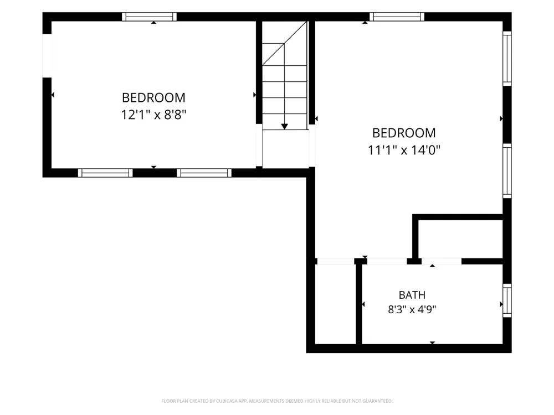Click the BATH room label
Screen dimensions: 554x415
pyautogui.click(x=412, y=295)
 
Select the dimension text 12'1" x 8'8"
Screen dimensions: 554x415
pyautogui.click(x=153, y=115)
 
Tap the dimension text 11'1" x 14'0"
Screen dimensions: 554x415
pyautogui.click(x=404, y=150)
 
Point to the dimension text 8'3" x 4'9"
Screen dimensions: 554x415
pyautogui.click(x=412, y=309)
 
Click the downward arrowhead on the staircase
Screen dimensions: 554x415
pyautogui.click(x=284, y=127)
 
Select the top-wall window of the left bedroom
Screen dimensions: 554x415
pyautogui.click(x=149, y=17)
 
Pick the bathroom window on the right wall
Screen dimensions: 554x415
pyautogui.click(x=507, y=300)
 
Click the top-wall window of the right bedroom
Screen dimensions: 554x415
pyautogui.click(x=397, y=17)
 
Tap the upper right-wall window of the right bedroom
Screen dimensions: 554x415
pyautogui.click(x=507, y=59)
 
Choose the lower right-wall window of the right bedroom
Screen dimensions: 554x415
pyautogui.click(x=507, y=171)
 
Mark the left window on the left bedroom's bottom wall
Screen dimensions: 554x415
pyautogui.click(x=105, y=173)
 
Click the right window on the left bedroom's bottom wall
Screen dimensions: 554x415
pyautogui.click(x=204, y=173)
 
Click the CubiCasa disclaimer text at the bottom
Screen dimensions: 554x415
pyautogui.click(x=276, y=401)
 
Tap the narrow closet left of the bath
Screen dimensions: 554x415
pyautogui.click(x=335, y=304)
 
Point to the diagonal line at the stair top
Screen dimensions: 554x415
pyautogui.click(x=284, y=43)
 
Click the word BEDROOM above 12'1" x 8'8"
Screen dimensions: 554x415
pyautogui.click(x=153, y=98)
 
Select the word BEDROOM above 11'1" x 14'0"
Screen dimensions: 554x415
pyautogui.click(x=404, y=133)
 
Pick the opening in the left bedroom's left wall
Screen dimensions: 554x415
pyautogui.click(x=47, y=56)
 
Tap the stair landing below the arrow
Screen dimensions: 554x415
pyautogui.click(x=285, y=148)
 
